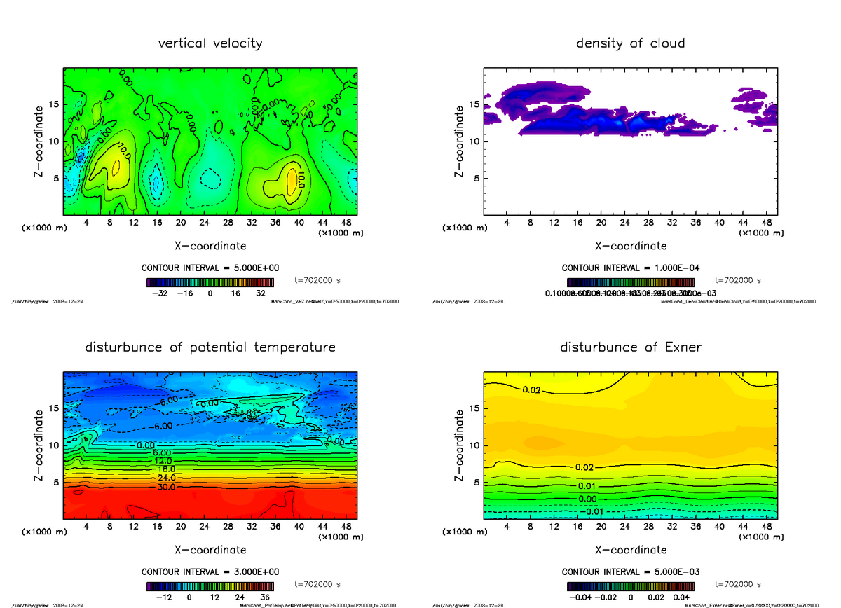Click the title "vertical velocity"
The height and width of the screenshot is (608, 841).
210,43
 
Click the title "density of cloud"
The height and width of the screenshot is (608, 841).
630,43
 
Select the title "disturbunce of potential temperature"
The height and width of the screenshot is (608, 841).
210,347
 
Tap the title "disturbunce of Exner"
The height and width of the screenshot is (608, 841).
630,347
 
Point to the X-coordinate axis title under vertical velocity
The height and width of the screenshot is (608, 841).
210,246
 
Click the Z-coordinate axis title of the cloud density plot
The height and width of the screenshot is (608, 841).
460,141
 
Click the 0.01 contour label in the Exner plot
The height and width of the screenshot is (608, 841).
587,486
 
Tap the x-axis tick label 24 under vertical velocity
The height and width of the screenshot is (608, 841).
205,222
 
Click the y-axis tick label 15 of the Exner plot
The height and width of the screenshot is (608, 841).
474,408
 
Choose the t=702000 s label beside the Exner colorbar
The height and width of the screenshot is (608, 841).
737,583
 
